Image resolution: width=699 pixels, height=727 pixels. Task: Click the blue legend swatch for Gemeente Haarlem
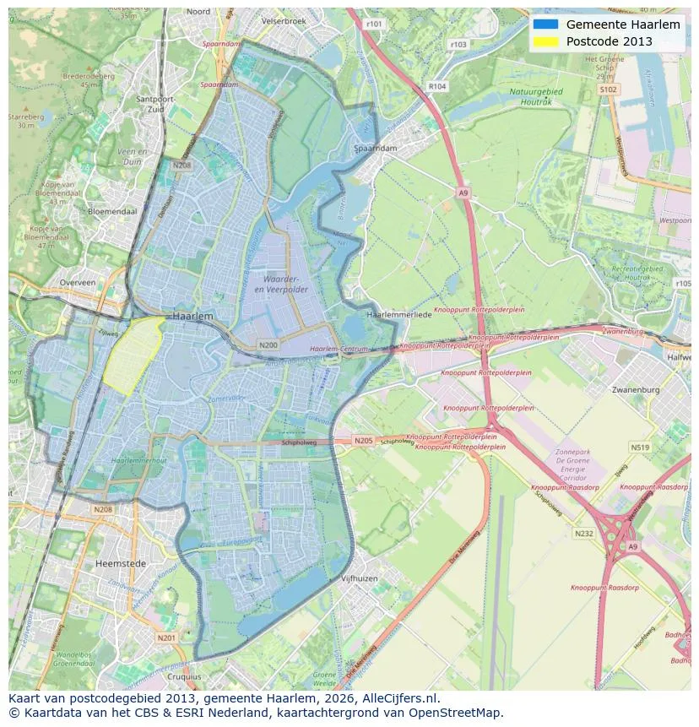click(545, 24)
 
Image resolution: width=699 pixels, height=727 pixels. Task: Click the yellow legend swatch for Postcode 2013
click(545, 41)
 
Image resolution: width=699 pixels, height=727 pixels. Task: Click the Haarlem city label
click(192, 315)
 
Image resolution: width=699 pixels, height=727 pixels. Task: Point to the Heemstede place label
click(121, 563)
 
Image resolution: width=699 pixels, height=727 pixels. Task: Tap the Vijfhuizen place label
click(359, 578)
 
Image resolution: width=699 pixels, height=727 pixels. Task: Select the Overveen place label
click(78, 283)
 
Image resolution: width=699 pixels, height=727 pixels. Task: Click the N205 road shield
click(363, 441)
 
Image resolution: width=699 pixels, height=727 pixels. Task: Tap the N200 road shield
click(268, 345)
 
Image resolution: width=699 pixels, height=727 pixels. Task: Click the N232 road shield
click(583, 533)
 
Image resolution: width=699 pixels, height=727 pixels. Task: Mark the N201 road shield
click(167, 637)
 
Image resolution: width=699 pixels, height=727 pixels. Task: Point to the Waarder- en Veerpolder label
click(285, 283)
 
